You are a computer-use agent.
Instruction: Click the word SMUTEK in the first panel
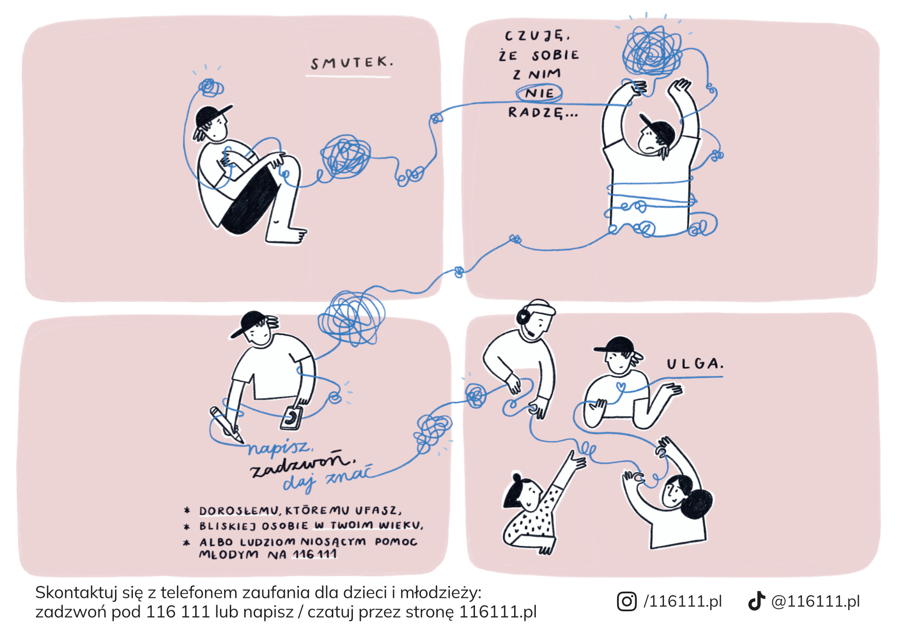[352, 63]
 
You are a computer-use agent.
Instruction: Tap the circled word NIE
[539, 93]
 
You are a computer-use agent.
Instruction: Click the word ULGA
[695, 364]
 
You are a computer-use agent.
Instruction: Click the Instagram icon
[626, 601]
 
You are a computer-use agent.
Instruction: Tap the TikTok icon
[756, 601]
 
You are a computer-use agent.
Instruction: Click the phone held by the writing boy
[292, 417]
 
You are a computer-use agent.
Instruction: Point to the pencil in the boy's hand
[226, 425]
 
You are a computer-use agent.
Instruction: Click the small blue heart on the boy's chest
[621, 386]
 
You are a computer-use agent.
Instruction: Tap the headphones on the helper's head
[524, 315]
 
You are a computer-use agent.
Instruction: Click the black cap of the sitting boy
[211, 116]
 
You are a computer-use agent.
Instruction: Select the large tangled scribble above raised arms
[653, 51]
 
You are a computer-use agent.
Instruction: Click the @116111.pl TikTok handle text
[815, 601]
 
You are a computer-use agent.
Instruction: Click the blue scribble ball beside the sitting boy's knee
[345, 157]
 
